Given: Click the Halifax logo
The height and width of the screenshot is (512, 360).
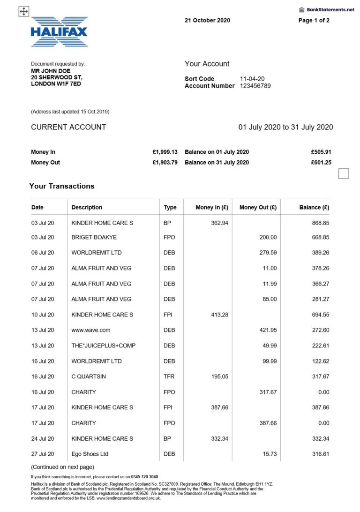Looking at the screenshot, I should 59,31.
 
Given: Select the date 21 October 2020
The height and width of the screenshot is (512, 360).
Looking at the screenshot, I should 207,21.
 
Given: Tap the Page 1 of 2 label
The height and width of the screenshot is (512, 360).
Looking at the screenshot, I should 314,21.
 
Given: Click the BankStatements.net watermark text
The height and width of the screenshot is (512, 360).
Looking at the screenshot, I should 330,9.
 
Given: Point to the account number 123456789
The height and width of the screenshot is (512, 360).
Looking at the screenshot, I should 255,86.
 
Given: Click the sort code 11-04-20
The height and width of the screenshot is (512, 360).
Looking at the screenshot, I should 253,79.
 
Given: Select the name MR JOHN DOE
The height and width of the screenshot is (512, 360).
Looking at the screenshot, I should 51,71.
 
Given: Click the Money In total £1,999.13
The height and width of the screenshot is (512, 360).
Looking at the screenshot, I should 165,152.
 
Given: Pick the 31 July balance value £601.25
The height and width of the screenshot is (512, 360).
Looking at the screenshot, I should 321,162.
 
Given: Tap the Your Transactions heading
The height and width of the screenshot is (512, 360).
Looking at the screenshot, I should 61,186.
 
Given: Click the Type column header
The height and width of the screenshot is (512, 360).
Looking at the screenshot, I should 170,207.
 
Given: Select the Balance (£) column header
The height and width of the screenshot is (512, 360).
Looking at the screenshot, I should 314,207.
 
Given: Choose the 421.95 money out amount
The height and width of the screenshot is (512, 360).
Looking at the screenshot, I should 268,330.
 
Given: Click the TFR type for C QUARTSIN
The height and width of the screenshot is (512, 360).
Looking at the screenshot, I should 169,376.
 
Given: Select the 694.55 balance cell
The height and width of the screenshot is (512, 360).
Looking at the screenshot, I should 320,315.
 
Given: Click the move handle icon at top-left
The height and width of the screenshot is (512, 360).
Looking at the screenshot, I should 24,12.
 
